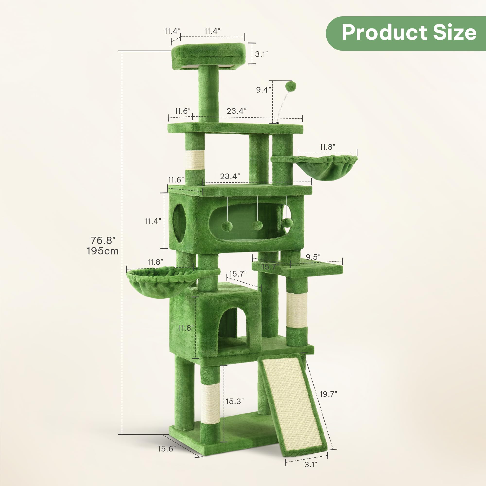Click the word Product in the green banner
[x=384, y=33]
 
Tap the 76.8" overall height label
[x=103, y=241]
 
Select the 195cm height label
[x=103, y=251]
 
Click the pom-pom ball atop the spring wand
[x=291, y=86]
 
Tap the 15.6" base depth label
[x=167, y=449]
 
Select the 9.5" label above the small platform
[x=313, y=257]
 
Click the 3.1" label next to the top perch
[x=261, y=54]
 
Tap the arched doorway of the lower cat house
[x=228, y=327]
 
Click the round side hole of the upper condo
[x=179, y=223]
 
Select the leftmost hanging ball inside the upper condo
[x=227, y=226]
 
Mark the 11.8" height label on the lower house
[x=186, y=328]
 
